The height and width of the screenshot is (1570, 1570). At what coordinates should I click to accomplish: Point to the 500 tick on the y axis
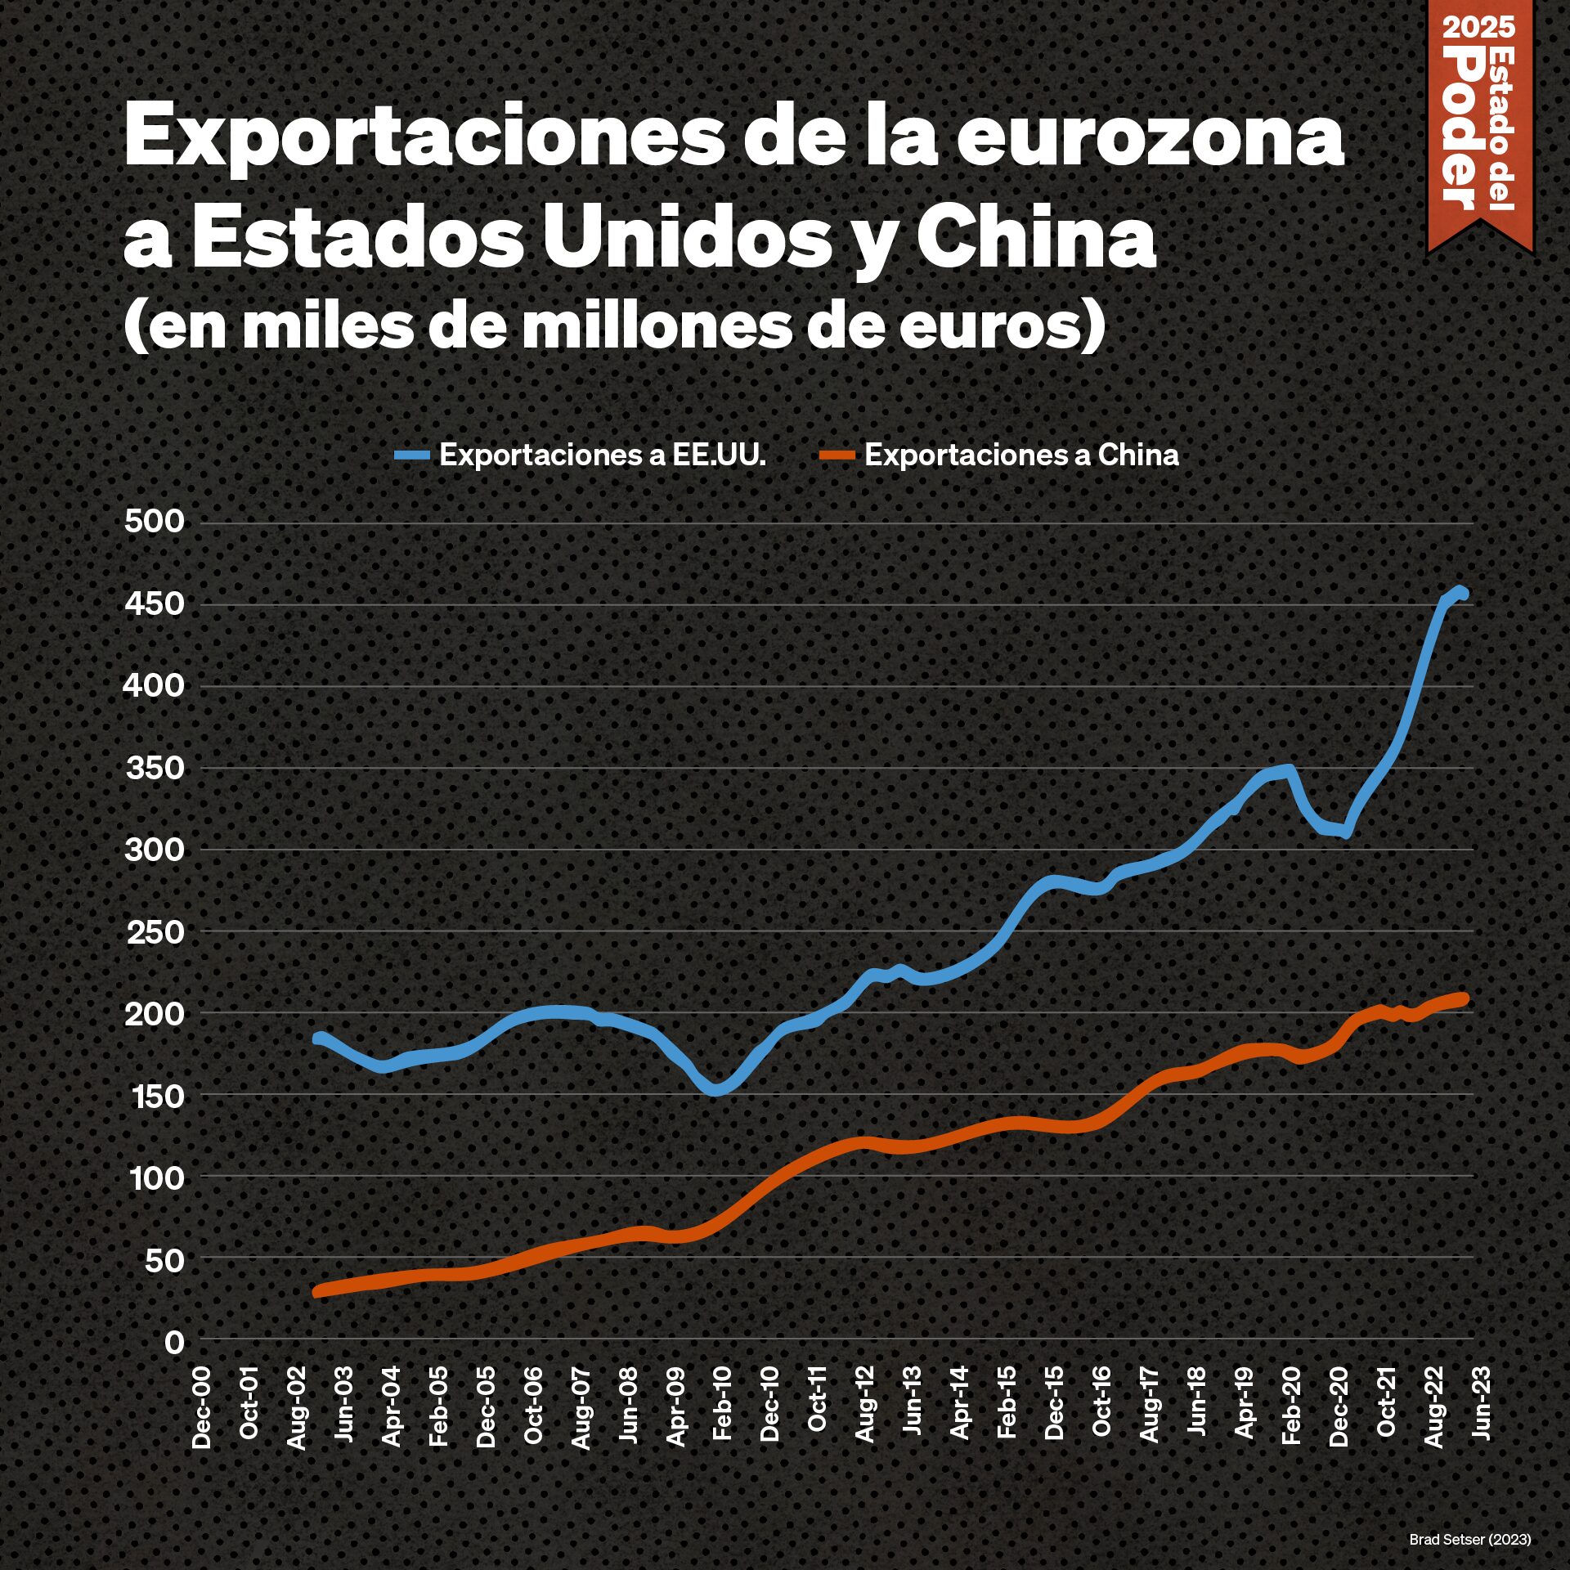click(x=155, y=522)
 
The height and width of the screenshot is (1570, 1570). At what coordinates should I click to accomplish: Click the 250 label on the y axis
click(x=155, y=931)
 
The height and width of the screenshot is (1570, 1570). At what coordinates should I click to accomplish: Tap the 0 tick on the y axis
click(x=174, y=1341)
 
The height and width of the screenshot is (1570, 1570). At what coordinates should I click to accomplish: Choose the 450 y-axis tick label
click(x=155, y=604)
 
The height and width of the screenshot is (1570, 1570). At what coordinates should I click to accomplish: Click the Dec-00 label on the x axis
click(x=201, y=1406)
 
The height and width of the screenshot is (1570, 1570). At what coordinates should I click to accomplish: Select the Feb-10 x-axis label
click(x=723, y=1403)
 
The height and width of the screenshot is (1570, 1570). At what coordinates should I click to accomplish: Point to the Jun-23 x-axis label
click(x=1481, y=1402)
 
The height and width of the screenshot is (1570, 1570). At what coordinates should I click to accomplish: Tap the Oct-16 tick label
click(x=1101, y=1402)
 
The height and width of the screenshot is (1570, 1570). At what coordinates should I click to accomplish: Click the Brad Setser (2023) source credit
click(x=1469, y=1539)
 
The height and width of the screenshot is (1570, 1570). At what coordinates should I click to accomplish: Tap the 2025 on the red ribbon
click(x=1478, y=28)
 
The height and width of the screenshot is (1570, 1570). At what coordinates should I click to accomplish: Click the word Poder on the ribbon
click(x=1464, y=127)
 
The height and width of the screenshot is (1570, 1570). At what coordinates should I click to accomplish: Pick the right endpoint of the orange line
click(x=1464, y=998)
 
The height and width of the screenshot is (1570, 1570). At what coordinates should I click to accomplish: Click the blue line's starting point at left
click(x=318, y=1038)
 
